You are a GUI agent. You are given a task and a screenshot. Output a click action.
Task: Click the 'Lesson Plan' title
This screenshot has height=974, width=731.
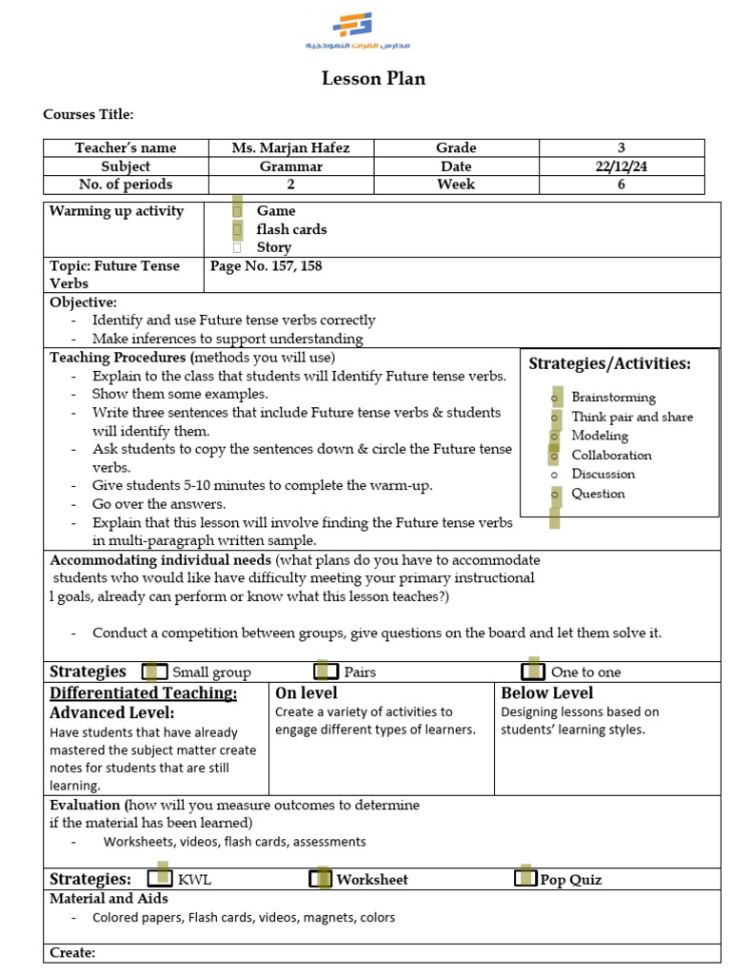[373, 79]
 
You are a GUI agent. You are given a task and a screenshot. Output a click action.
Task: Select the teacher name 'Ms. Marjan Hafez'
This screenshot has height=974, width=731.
[290, 147]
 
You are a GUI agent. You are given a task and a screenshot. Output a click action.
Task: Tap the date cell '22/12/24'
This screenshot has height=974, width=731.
[621, 166]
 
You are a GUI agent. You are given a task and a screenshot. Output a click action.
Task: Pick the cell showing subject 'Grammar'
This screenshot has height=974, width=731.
[290, 166]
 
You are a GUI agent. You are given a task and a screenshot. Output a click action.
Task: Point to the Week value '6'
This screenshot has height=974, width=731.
[621, 185]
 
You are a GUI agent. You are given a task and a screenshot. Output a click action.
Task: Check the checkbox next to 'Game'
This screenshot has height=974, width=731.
[237, 211]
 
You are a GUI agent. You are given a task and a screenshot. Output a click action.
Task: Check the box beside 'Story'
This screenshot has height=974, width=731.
[237, 247]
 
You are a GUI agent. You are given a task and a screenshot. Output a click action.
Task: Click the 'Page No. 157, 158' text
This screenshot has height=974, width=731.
[266, 266]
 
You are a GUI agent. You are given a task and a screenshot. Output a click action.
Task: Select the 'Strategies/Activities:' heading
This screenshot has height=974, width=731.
[609, 363]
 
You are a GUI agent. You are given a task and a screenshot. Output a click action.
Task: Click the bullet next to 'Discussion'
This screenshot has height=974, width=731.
[553, 475]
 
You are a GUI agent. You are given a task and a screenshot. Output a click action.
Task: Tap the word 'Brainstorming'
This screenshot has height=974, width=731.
[613, 398]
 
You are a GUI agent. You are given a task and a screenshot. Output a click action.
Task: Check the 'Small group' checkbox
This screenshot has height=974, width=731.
[155, 672]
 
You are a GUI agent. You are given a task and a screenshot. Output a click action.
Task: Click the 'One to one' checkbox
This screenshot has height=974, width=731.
[534, 672]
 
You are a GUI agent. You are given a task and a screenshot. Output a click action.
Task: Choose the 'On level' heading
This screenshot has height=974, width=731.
[306, 693]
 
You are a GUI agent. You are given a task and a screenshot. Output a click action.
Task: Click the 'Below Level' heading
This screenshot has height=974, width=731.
[546, 693]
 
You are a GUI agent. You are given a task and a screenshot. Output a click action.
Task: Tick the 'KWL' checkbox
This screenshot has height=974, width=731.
[161, 879]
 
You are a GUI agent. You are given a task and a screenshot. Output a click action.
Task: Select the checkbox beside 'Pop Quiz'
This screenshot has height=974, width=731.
[524, 879]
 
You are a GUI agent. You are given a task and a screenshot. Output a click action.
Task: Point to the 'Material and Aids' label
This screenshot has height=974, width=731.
[109, 899]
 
